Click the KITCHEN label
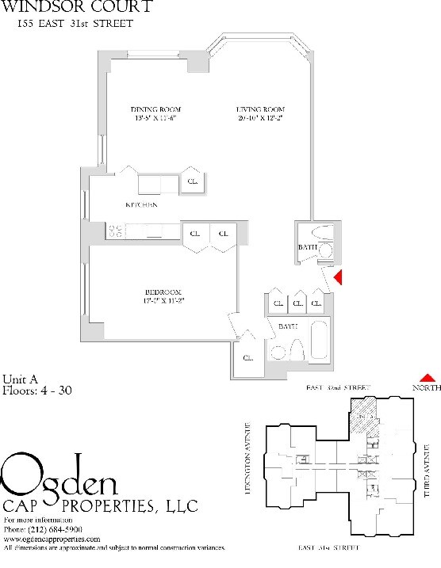tap(141, 205)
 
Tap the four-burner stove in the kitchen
tap(115, 231)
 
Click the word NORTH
tap(426, 388)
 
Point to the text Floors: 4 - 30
tap(36, 391)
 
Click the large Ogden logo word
tap(60, 475)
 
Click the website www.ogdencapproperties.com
tap(52, 539)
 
